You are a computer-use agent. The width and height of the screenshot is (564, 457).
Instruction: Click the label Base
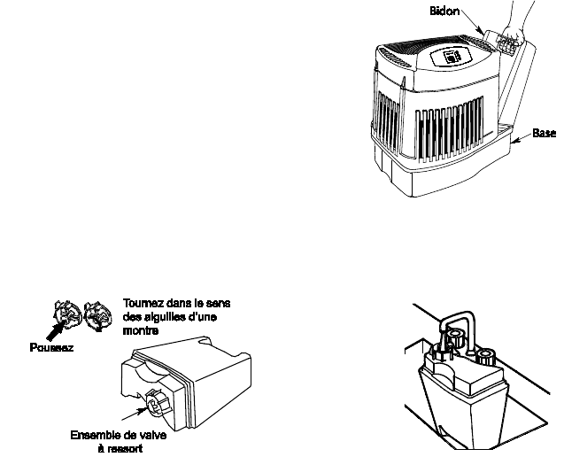pyautogui.click(x=545, y=133)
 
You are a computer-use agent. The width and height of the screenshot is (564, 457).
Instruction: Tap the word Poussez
pyautogui.click(x=49, y=348)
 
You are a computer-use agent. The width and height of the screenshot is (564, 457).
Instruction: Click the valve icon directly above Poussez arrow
pyautogui.click(x=63, y=313)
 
